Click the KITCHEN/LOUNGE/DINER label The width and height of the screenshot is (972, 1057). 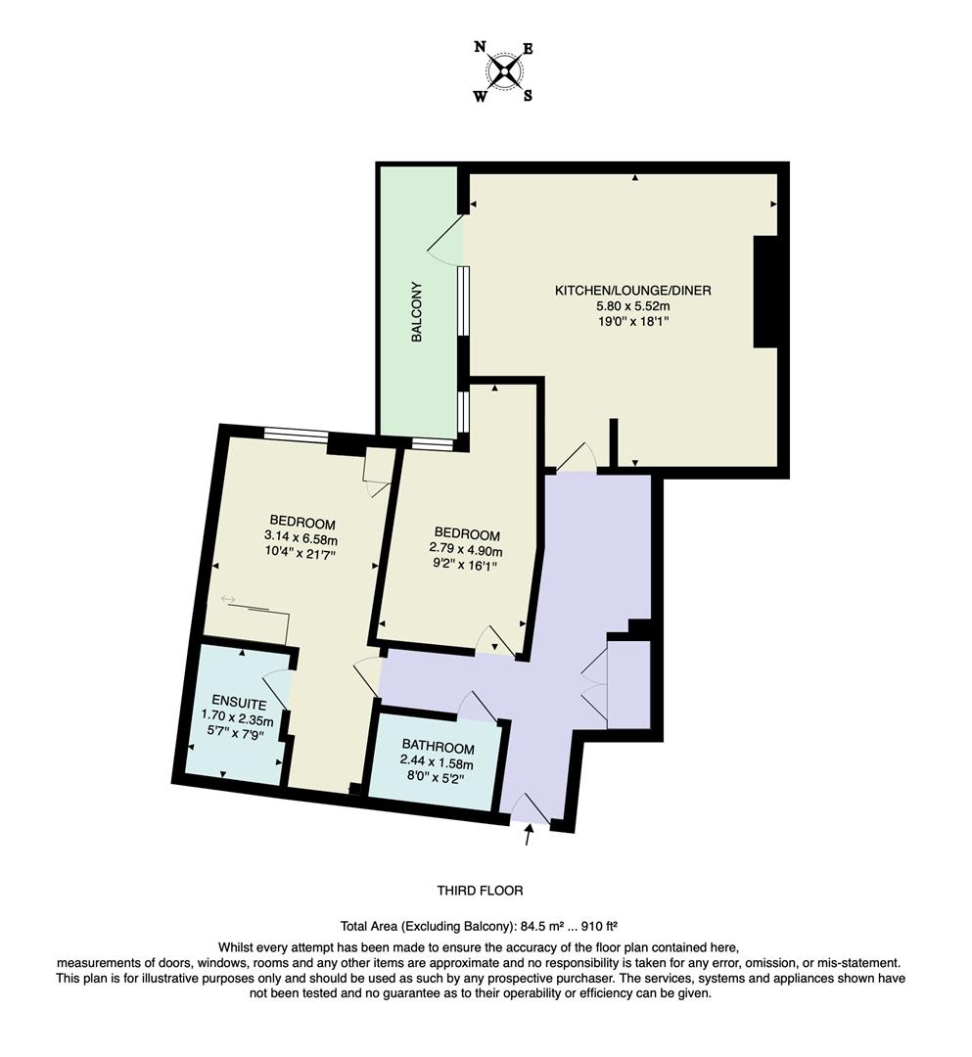tap(632, 291)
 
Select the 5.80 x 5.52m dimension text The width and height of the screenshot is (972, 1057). tap(632, 305)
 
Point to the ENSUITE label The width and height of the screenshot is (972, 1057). tap(233, 701)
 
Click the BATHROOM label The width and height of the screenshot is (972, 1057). tap(437, 749)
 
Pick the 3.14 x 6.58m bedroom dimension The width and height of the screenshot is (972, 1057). tap(302, 537)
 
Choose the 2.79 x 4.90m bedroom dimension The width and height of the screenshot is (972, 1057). tap(466, 551)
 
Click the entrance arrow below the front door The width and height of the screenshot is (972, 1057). tap(530, 835)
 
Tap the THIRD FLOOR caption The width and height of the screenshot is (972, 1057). tap(480, 891)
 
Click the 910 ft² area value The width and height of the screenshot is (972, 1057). tap(602, 925)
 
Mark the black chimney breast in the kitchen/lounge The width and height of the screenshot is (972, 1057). tap(764, 292)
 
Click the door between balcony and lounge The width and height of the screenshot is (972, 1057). tap(445, 240)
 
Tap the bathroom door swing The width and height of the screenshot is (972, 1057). tap(479, 707)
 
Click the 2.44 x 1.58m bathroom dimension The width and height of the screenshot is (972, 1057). tap(437, 763)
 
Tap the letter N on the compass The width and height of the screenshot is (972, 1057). tap(480, 47)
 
